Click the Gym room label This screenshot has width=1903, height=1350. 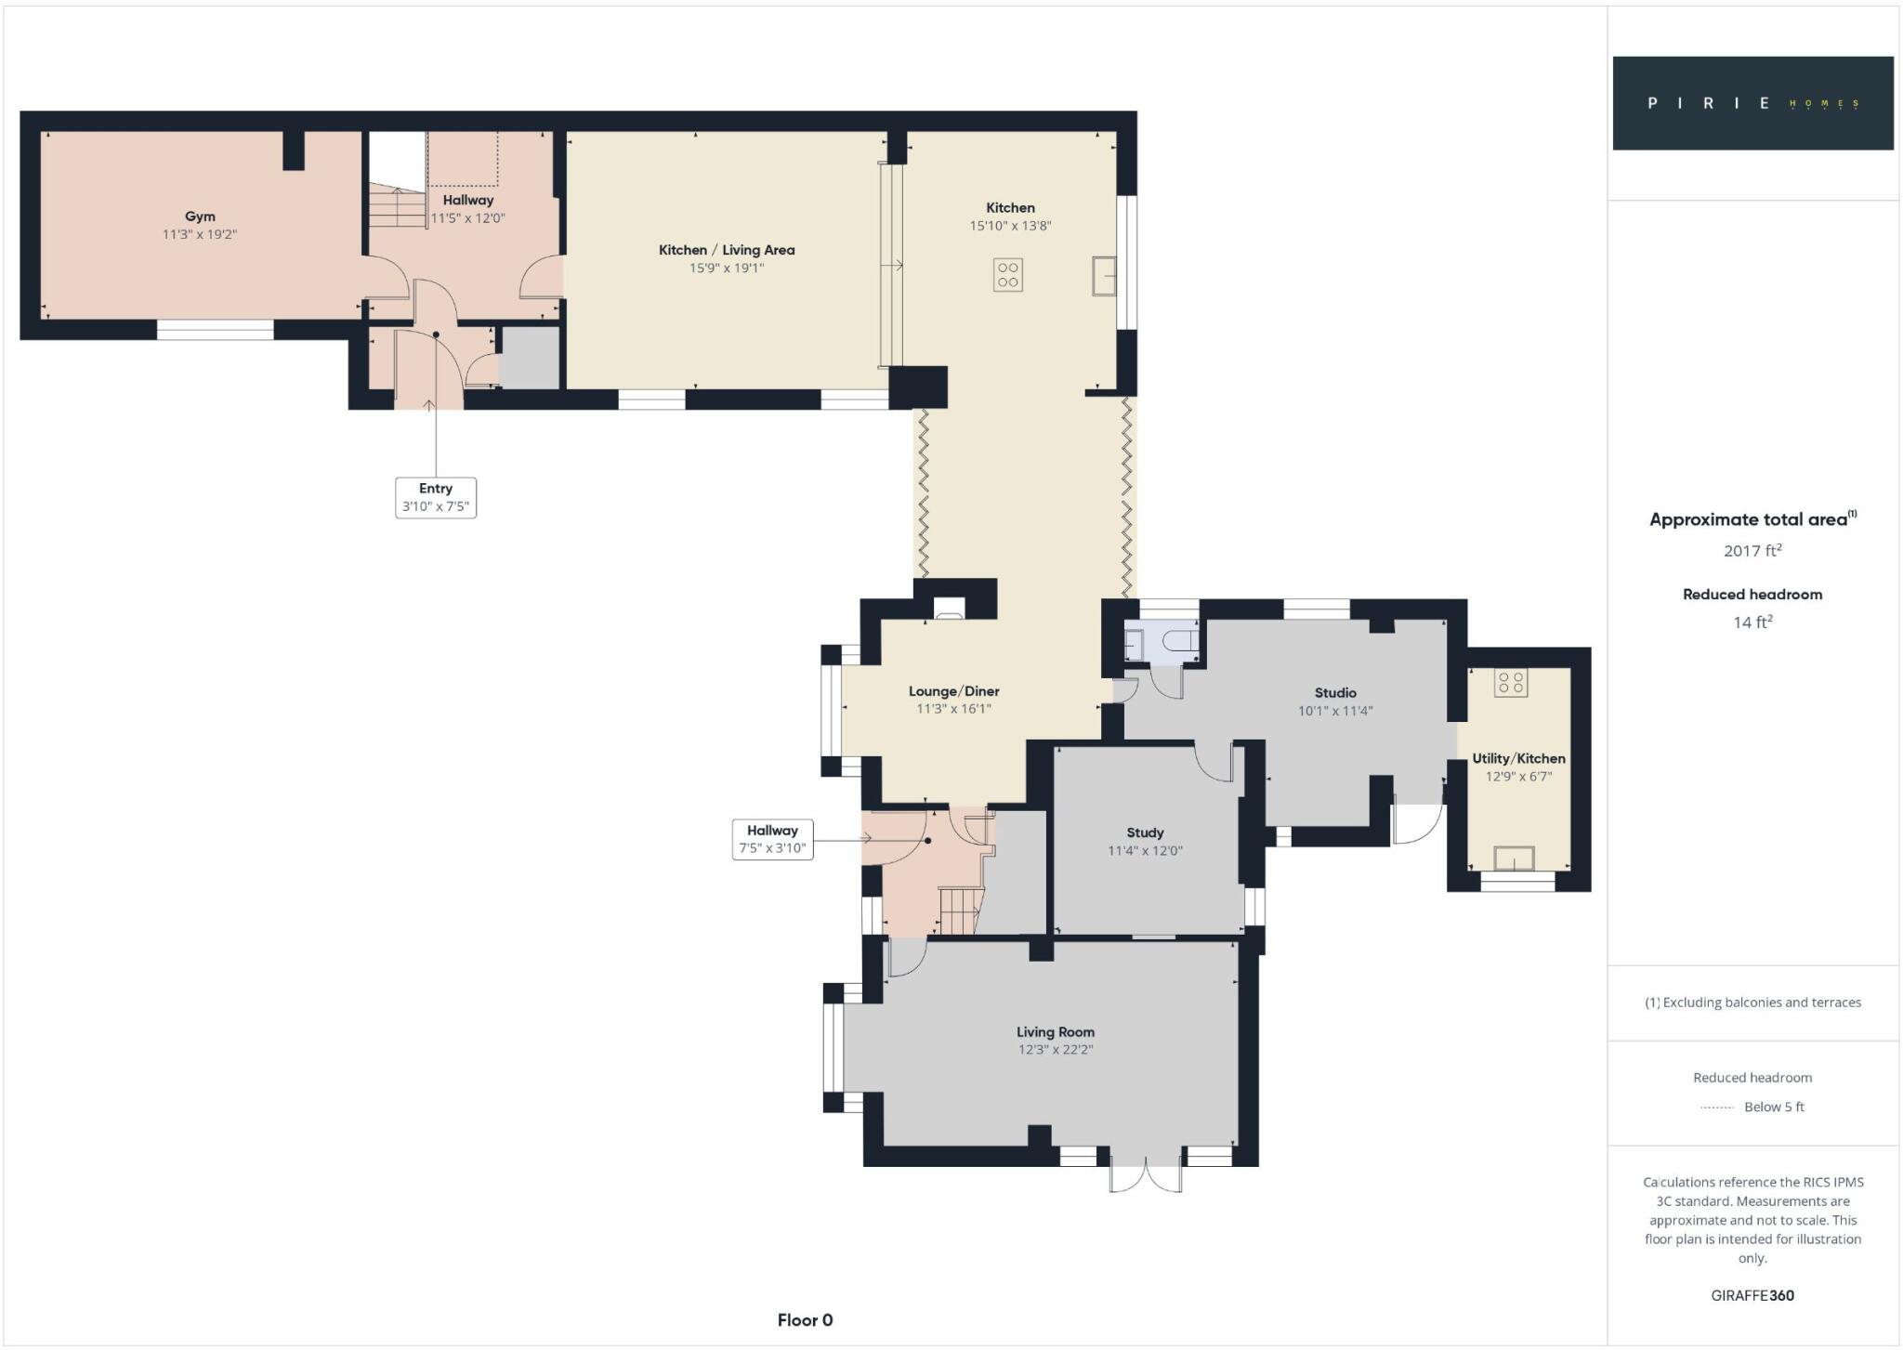click(200, 216)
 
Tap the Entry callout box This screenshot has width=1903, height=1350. click(436, 497)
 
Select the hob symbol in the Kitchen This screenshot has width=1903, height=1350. click(1008, 275)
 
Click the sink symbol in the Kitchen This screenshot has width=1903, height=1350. click(1104, 276)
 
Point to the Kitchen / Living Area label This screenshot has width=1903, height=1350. click(727, 250)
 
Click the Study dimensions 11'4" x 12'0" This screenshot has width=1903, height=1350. click(1145, 851)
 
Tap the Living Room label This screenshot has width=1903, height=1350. click(1056, 1031)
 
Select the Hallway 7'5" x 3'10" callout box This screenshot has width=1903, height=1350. click(773, 839)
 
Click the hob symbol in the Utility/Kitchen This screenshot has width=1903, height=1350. click(1511, 683)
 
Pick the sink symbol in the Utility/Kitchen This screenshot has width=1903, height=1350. click(1514, 858)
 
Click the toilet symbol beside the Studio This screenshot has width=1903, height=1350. click(1179, 641)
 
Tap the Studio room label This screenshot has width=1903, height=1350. click(1335, 693)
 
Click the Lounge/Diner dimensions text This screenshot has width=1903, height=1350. click(954, 709)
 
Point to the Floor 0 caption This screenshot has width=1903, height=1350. click(806, 1320)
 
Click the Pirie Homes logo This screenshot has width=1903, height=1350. click(1753, 103)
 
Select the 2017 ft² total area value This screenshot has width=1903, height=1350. click(1752, 550)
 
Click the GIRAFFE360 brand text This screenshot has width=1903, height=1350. click(1752, 1295)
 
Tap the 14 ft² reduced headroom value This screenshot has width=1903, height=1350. click(1752, 622)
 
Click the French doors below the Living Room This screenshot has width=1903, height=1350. click(1147, 1174)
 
